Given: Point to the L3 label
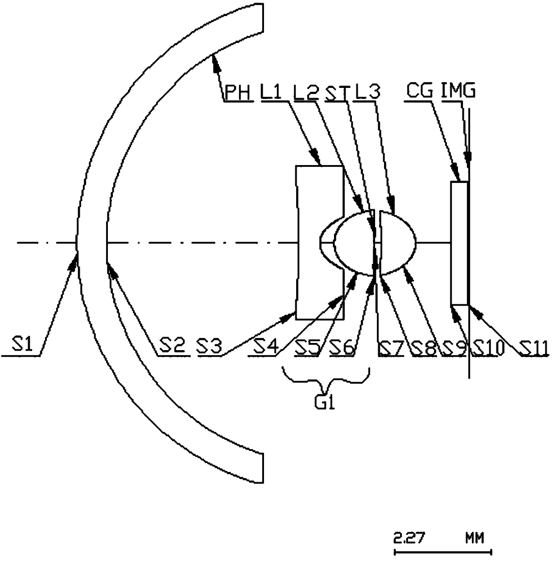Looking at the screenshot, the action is point(368,91).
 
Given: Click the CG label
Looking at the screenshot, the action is point(420,91).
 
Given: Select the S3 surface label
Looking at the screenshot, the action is point(210,346).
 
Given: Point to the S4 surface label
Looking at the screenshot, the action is point(266,346).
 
